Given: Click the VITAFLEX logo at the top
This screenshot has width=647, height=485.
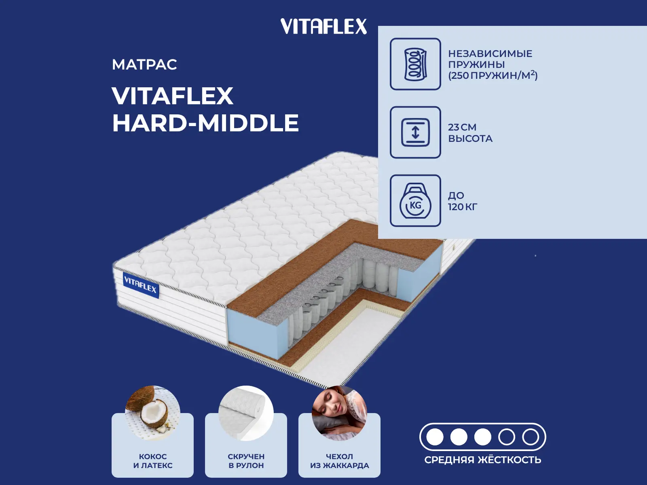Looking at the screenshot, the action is point(323,26).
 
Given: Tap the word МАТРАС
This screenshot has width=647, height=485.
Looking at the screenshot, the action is point(144,65).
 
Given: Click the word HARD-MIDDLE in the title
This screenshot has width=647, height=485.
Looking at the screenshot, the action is point(205,123).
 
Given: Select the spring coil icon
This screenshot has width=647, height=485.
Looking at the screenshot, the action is point(415,64).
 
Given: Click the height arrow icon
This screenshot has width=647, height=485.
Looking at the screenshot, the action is point(415,132).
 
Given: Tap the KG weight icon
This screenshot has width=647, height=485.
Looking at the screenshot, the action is point(415,200).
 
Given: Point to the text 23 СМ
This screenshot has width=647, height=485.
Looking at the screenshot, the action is point(462,127).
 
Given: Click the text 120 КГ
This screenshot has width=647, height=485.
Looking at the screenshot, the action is point(463,207).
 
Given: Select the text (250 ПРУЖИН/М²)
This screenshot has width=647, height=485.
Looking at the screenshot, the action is point(493,76).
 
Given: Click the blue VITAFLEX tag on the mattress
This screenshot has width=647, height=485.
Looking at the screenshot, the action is point(141,285).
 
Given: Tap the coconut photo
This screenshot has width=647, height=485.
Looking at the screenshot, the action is point(153,413).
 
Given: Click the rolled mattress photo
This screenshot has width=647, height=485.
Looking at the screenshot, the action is point(246,413).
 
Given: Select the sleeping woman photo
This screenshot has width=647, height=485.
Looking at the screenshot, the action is point(340,413).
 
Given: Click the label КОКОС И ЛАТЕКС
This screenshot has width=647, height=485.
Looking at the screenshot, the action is point(153,461).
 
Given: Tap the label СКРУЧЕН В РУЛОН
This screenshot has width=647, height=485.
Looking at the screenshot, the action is point(246,461).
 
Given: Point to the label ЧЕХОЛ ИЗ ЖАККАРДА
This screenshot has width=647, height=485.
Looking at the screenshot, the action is point(340,461).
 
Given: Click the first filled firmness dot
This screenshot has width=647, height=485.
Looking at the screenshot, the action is point(435,437).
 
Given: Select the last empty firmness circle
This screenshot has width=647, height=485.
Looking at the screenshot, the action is point(531,437).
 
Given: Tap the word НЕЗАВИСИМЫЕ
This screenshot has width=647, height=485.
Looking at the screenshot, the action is point(490,54).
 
